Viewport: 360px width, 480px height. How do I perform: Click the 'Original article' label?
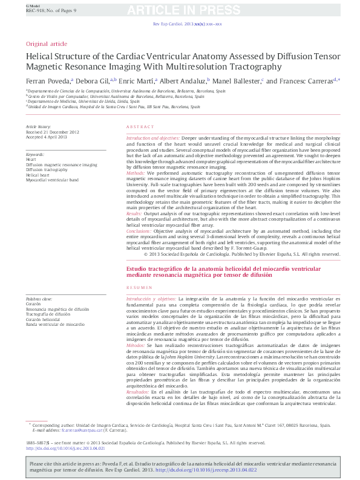pos(47,44)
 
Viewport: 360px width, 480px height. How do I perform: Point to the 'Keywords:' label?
pos(35,155)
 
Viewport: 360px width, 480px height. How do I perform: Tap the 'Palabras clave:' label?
pos(39,299)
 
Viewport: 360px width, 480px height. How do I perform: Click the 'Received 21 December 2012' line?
pos(53,131)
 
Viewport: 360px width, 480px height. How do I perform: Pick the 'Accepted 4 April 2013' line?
pos(46,136)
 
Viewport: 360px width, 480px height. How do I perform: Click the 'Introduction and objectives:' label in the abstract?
pos(153,138)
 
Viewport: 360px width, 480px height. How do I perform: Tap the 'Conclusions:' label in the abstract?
pos(139,248)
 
